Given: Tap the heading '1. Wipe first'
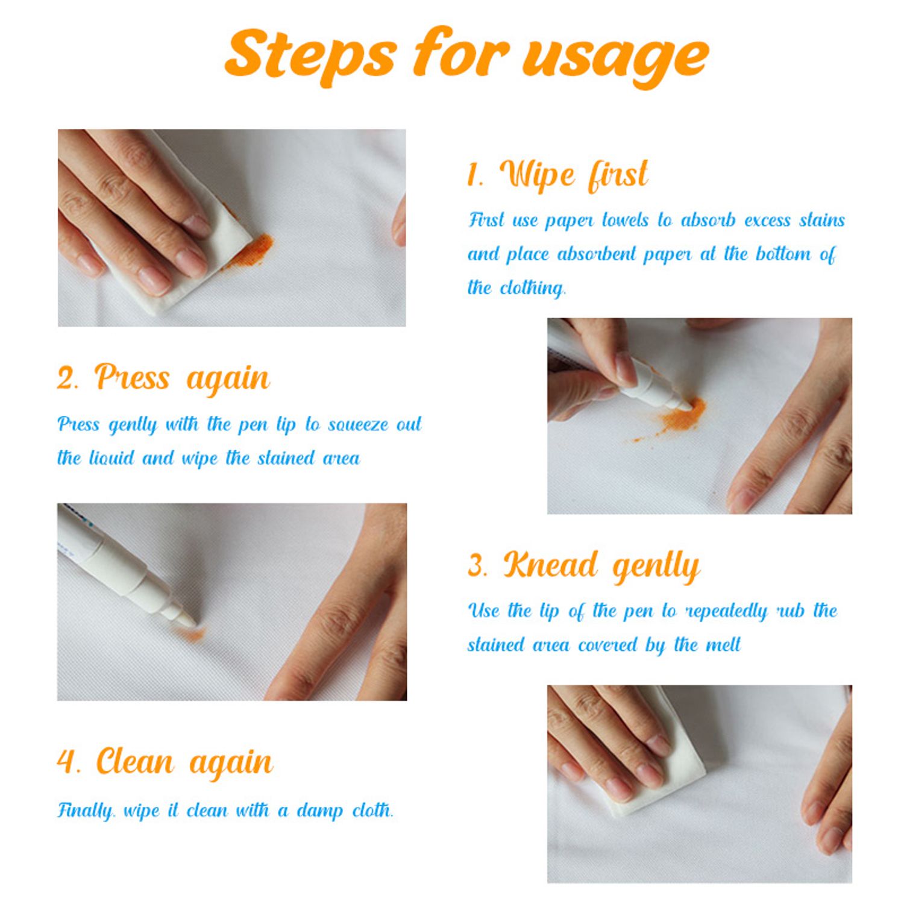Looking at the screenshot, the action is [x=557, y=175].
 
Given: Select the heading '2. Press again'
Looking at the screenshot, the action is [x=163, y=379].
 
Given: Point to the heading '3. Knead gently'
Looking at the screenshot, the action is [x=583, y=567].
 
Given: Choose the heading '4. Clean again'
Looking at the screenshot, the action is [x=165, y=762].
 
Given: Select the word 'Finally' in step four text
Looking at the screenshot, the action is [x=86, y=811].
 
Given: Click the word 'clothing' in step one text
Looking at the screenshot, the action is [x=533, y=287].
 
